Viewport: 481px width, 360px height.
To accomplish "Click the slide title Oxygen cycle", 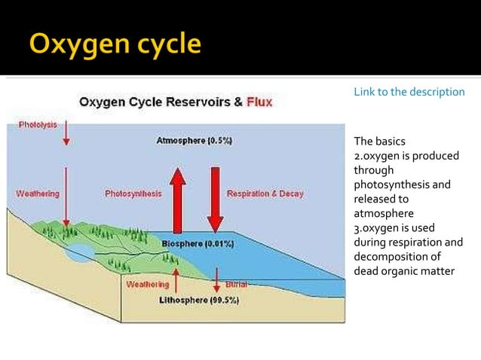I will coord(115,44).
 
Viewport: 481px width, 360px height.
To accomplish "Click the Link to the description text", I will coord(409,92).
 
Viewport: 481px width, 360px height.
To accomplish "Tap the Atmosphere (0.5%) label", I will coord(194,141).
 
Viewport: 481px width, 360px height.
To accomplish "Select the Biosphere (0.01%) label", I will coord(198,244).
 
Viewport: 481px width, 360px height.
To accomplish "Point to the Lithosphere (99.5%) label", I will coord(199,300).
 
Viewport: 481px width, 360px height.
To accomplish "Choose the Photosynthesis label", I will coord(133,194).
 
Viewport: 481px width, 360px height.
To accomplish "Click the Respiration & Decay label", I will coord(265,194).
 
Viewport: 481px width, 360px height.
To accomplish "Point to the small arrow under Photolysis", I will coord(66,133).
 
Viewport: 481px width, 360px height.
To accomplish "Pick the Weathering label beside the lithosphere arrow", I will coord(148,285).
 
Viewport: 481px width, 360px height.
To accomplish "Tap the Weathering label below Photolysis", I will coord(38,194).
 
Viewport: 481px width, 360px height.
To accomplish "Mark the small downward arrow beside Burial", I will coord(216,279).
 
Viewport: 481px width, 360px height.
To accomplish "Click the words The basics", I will coord(379,142).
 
